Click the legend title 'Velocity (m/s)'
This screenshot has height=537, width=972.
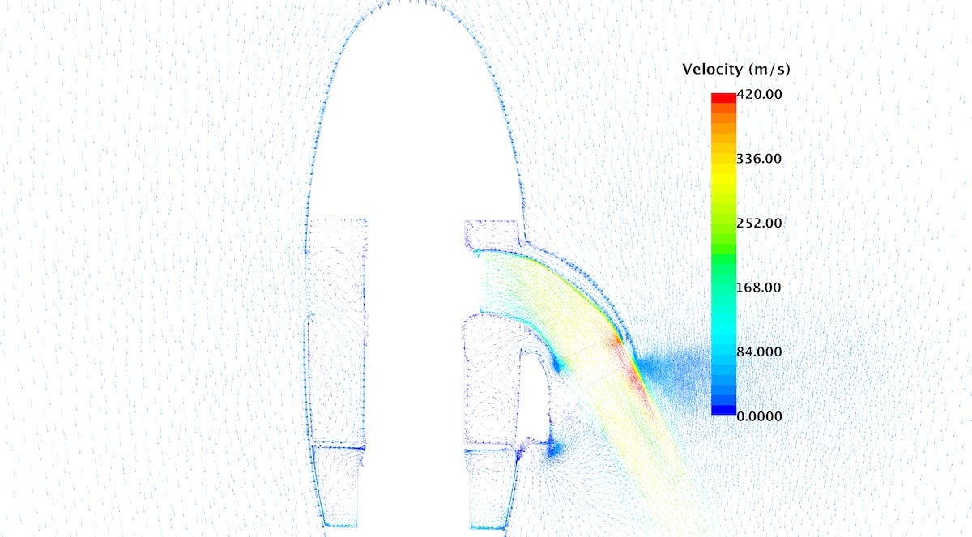coord(736,70)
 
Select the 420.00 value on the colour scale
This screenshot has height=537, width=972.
coord(760,94)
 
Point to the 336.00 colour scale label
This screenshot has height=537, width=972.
coord(759,159)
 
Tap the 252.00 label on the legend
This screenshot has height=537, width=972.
coord(759,223)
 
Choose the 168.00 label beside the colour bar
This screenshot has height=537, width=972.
coord(759,288)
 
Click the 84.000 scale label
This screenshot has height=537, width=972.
coord(759,352)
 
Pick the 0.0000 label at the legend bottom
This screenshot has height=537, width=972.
coord(760,416)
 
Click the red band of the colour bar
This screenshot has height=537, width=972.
coord(723,98)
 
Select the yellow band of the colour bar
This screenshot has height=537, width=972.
coord(723,178)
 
